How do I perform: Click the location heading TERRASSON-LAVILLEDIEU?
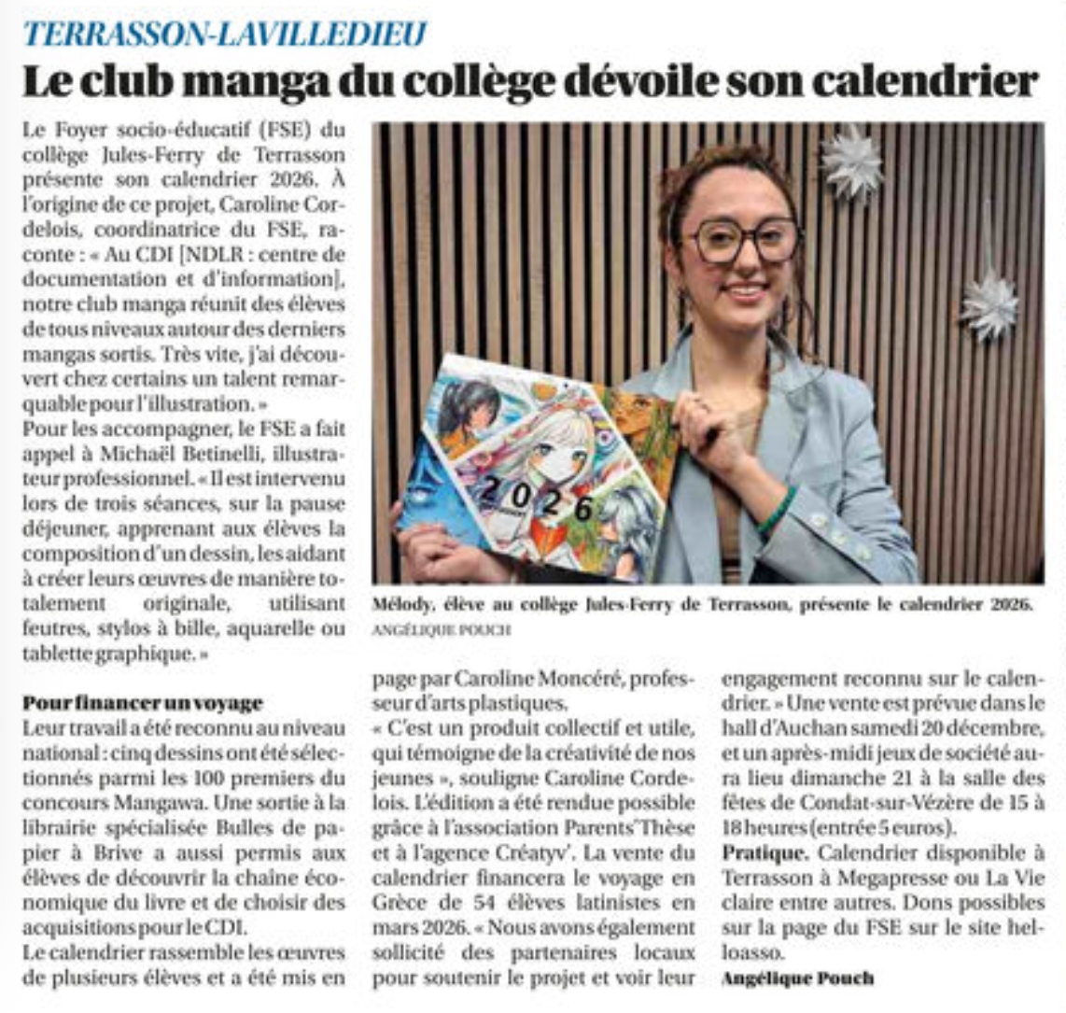pyautogui.click(x=225, y=35)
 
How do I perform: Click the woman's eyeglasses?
pyautogui.click(x=744, y=239)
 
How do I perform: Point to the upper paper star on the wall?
pyautogui.click(x=852, y=163)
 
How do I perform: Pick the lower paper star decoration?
pyautogui.click(x=989, y=303)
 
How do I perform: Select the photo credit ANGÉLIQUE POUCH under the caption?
pyautogui.click(x=442, y=630)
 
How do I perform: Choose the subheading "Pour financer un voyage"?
pyautogui.click(x=143, y=702)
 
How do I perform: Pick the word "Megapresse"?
pyautogui.click(x=861, y=878)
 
